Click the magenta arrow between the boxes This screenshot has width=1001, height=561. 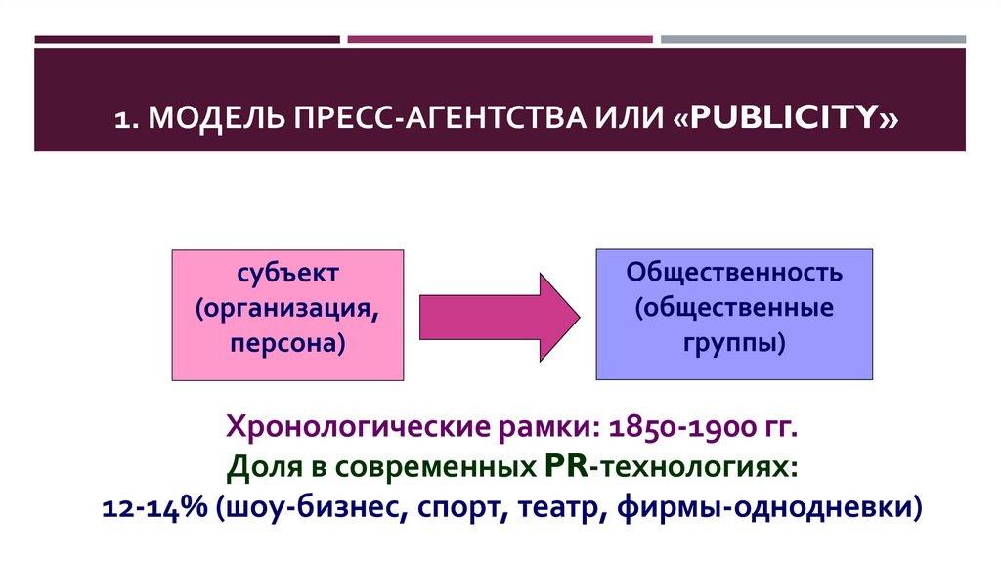pos(501,315)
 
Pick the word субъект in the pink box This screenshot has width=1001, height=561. pos(288,273)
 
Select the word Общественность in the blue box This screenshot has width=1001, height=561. pos(734,272)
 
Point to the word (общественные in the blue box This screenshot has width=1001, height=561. pos(734,308)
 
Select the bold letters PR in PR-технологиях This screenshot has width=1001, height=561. pos(561,467)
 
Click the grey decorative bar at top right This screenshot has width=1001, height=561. pos(812,40)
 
